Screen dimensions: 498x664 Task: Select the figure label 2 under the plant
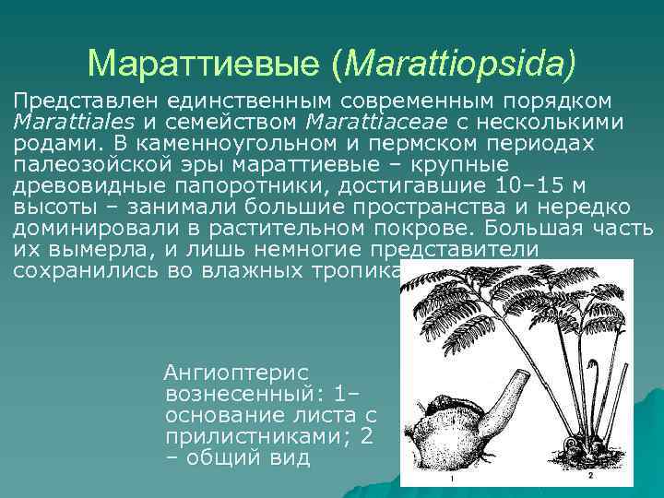click(x=589, y=477)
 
